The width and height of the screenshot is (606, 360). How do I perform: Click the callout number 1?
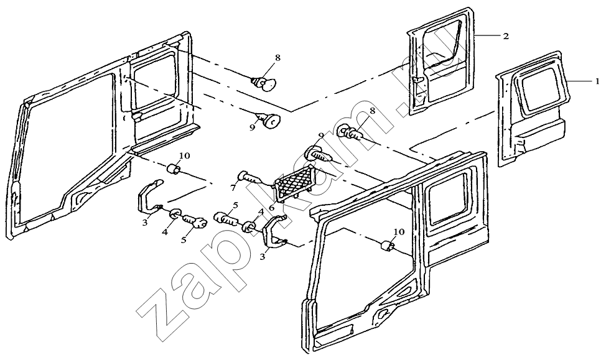[597, 81]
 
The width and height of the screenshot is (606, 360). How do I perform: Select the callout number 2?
[506, 36]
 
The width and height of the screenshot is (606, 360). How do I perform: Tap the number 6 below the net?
[271, 208]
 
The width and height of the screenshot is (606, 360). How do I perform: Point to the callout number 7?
[233, 188]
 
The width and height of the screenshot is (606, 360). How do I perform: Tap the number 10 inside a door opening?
[399, 232]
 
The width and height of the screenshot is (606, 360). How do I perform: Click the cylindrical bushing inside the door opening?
[387, 246]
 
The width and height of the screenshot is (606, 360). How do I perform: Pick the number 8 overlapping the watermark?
[372, 111]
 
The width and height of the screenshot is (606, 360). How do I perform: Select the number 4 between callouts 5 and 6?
[261, 211]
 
